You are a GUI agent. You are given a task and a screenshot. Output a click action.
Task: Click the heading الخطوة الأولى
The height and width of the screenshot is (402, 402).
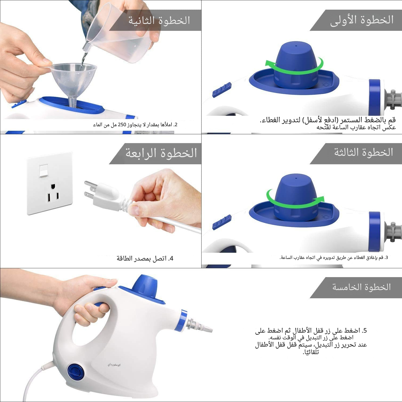click(x=362, y=20)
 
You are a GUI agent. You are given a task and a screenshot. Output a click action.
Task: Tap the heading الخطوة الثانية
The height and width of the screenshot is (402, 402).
click(x=159, y=20)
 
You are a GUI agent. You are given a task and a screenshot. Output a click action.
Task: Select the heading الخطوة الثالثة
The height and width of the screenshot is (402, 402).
click(x=363, y=152)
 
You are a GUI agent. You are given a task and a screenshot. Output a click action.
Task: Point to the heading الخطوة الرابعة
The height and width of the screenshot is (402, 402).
click(x=161, y=153)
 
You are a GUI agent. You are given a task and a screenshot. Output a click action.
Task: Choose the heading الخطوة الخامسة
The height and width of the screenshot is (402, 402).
click(x=362, y=287)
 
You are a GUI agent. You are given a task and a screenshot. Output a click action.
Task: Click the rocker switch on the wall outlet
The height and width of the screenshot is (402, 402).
click(x=43, y=171)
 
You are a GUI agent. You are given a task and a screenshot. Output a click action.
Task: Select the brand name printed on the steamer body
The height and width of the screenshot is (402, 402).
click(x=114, y=365)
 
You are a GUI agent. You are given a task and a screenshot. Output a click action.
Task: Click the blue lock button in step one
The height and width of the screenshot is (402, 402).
click(x=222, y=90)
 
